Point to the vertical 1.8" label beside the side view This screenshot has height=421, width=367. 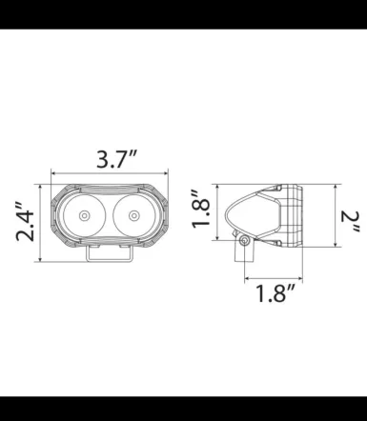[200, 214]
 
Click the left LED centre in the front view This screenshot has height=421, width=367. [86, 217]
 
